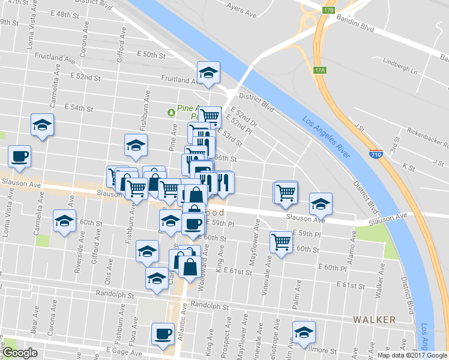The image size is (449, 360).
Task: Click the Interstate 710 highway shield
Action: click(376, 154)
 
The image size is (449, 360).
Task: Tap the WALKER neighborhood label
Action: click(374, 320)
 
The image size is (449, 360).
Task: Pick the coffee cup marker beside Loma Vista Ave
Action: click(19, 156)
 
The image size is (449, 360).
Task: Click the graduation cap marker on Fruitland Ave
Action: click(208, 73)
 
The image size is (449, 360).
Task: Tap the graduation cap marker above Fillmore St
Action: click(304, 332)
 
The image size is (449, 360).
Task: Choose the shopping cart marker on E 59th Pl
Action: click(280, 242)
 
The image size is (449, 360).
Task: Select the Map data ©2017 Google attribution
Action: click(412, 355)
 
